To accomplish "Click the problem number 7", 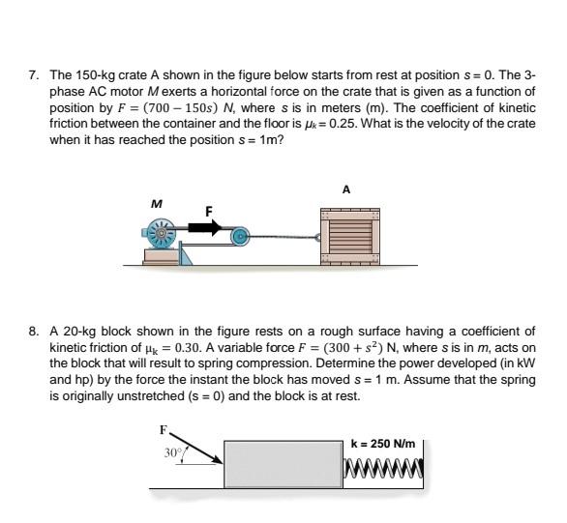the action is pyautogui.click(x=33, y=75).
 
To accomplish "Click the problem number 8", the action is pyautogui.click(x=33, y=332).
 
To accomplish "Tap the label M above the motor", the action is pyautogui.click(x=156, y=204).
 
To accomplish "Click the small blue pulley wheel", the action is pyautogui.click(x=239, y=237).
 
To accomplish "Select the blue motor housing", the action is pyautogui.click(x=160, y=233).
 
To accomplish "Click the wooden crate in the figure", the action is pyautogui.click(x=350, y=236).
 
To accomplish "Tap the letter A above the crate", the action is pyautogui.click(x=346, y=189).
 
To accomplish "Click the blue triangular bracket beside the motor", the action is pyautogui.click(x=185, y=253).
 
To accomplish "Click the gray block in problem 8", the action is pyautogui.click(x=283, y=464).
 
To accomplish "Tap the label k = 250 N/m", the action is pyautogui.click(x=383, y=443).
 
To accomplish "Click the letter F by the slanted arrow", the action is pyautogui.click(x=164, y=430).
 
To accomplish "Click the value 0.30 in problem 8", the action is pyautogui.click(x=188, y=347).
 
